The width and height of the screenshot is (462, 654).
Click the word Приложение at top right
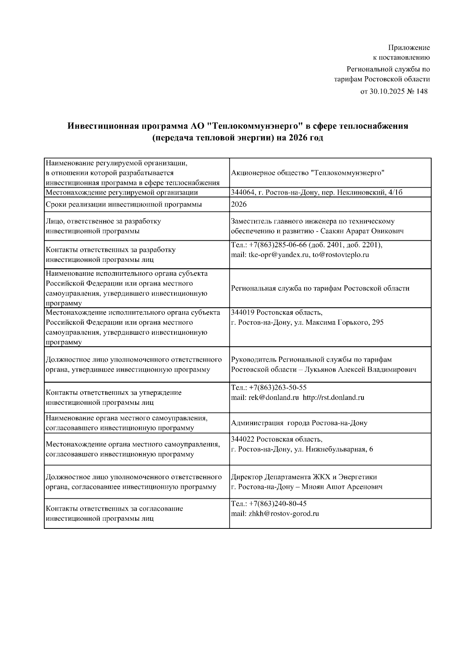408,48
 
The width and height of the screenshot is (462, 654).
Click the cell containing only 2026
239,205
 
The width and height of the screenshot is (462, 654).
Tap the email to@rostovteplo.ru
341,255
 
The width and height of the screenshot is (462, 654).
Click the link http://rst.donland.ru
333,397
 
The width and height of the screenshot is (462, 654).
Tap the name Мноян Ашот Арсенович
342,487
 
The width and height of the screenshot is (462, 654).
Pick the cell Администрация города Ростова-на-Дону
299,423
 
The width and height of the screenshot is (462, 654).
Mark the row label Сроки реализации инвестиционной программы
124,205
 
